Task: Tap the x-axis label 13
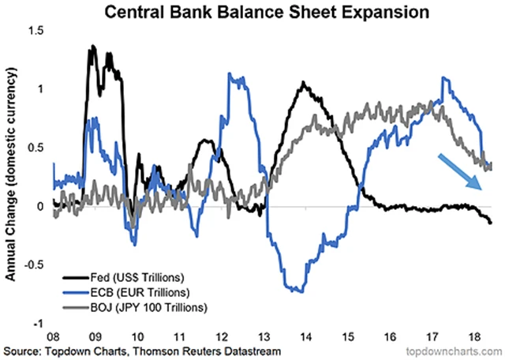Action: (267, 335)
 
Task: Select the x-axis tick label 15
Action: (352, 335)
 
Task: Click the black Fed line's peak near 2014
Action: (304, 81)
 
